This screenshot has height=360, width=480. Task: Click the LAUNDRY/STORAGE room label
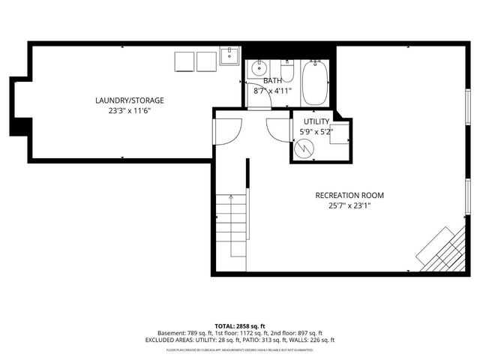click(x=129, y=100)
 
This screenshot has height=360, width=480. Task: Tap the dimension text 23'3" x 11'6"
click(x=129, y=110)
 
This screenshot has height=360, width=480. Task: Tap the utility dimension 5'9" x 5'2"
click(x=316, y=132)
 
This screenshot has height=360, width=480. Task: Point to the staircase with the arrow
click(x=231, y=225)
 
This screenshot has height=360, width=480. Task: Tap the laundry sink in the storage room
click(x=229, y=56)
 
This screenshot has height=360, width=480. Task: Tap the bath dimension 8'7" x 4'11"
click(x=271, y=91)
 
